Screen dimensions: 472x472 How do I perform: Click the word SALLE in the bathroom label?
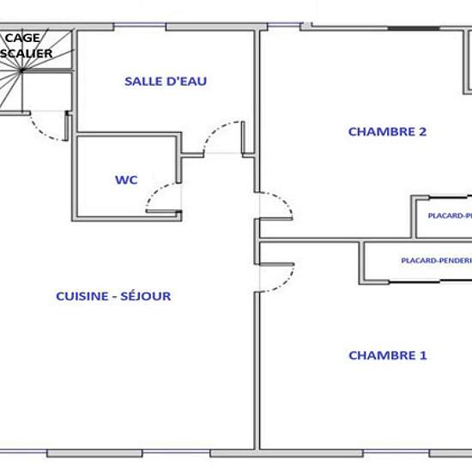[142, 82]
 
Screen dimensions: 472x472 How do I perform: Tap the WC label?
[126, 180]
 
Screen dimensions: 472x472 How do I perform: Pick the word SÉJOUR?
[147, 296]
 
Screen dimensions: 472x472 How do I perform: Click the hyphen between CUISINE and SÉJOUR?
[116, 296]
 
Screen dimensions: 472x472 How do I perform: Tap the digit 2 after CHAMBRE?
[422, 131]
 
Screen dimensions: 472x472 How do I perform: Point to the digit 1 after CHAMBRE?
[422, 355]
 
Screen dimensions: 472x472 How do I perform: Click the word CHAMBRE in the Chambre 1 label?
[378, 355]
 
